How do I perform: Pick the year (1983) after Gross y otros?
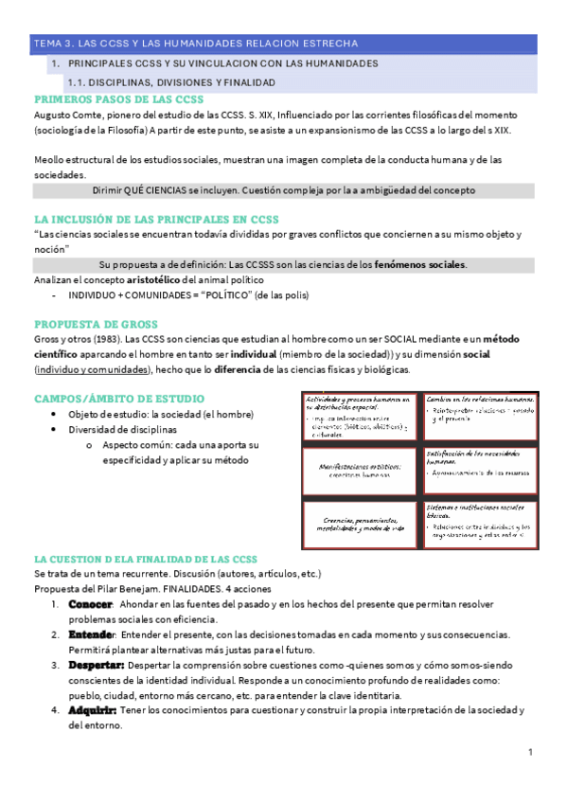coord(105,338)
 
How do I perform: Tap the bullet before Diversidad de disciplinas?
coord(61,429)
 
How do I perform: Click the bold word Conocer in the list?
coord(91,603)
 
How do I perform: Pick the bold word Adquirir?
coord(92,710)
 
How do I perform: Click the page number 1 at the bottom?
coord(531,752)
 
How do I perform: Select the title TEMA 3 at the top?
coord(195,44)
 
